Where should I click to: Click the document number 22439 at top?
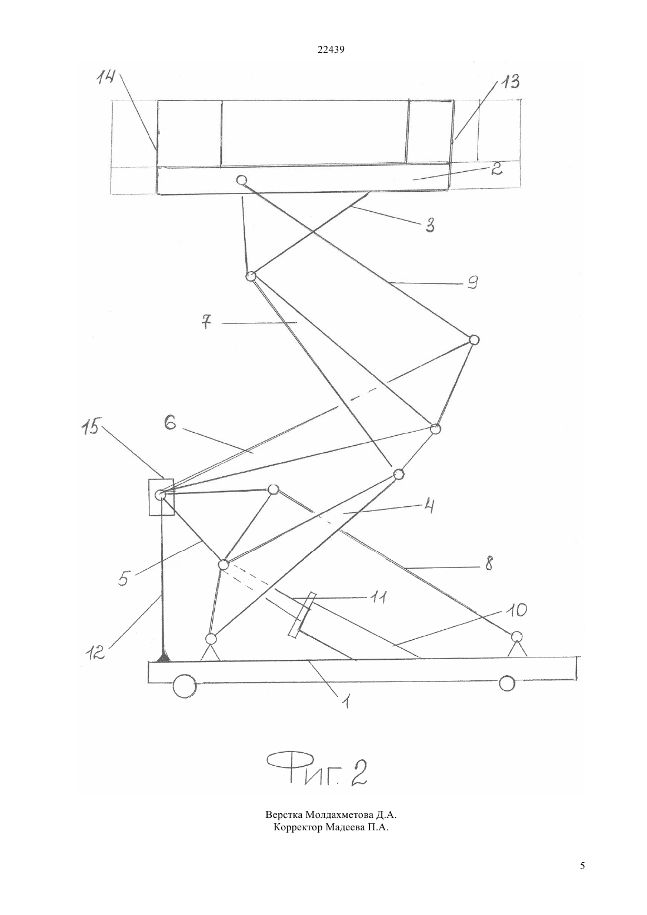(331, 50)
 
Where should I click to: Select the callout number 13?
(509, 82)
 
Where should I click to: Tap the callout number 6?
(170, 423)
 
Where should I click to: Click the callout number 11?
(379, 597)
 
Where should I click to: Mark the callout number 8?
(489, 563)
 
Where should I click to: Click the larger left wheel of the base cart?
(185, 687)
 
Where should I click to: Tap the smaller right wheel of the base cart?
(507, 683)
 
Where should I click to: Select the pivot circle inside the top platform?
(242, 180)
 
